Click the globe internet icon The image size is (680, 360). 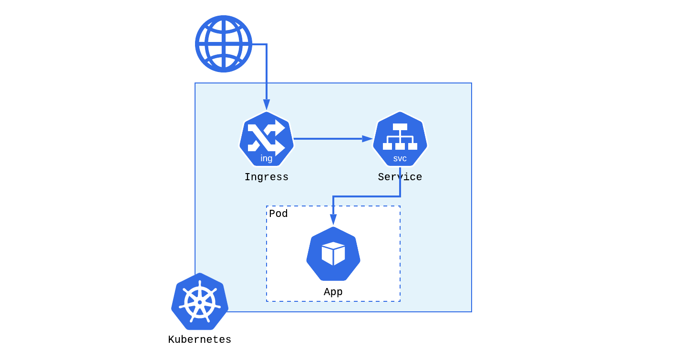(x=223, y=44)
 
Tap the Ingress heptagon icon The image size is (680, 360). (x=267, y=139)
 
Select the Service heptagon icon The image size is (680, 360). (x=400, y=139)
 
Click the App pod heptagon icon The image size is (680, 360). (x=333, y=254)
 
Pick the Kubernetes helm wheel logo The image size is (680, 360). (x=200, y=301)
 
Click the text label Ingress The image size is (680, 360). (x=267, y=177)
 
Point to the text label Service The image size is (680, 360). (x=400, y=177)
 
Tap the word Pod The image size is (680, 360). (x=278, y=214)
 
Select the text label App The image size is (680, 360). (x=333, y=292)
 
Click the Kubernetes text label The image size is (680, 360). (x=200, y=340)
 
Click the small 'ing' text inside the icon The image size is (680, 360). (x=267, y=158)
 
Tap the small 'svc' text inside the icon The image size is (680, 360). (x=400, y=158)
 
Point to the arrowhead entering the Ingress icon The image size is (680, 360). (x=267, y=105)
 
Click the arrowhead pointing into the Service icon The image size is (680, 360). (x=367, y=139)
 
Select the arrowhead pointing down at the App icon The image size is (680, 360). (x=333, y=219)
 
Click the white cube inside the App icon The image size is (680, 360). (x=333, y=253)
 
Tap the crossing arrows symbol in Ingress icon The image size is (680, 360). (x=266, y=137)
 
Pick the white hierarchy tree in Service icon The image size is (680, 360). (x=400, y=136)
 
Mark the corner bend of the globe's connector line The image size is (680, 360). (x=267, y=44)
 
